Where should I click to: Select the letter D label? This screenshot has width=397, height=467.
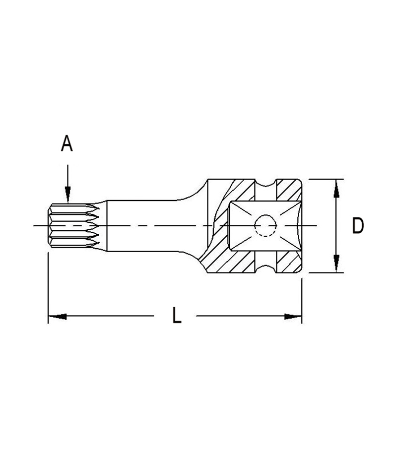358,226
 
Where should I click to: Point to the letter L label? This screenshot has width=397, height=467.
176,316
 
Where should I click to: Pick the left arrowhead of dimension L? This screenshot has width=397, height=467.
57,316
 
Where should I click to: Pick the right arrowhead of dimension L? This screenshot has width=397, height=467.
293,316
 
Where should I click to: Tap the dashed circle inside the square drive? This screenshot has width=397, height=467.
265,226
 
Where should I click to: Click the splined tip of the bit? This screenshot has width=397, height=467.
74,226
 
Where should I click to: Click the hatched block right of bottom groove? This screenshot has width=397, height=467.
289,262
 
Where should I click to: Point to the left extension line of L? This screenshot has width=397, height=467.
48,288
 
